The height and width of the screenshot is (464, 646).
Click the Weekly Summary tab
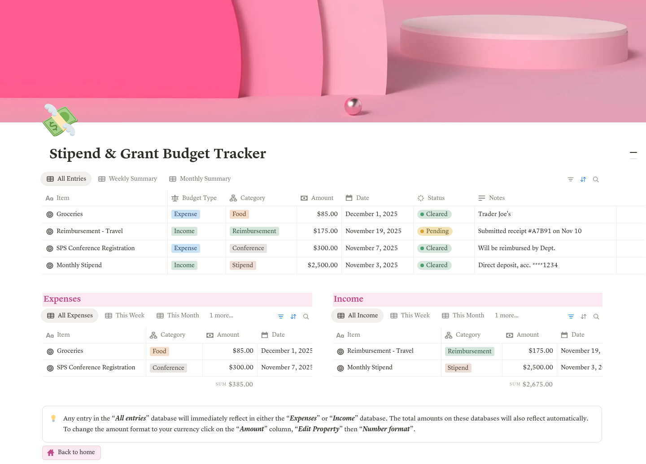(128, 179)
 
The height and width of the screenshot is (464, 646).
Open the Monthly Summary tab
(200, 179)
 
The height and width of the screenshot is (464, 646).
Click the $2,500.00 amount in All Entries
(323, 265)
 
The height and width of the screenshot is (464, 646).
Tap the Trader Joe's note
(494, 214)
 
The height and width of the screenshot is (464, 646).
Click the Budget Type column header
(194, 198)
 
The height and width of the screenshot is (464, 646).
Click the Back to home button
(72, 452)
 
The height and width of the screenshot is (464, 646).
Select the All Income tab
(358, 316)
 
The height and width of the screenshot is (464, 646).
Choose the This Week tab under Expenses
(125, 316)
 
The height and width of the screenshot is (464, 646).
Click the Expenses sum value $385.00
(240, 385)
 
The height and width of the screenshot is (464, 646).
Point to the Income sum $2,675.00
(537, 385)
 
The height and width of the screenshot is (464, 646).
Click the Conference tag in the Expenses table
(168, 368)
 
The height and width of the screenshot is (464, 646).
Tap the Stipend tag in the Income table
(458, 368)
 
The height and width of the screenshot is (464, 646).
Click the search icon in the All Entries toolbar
(596, 180)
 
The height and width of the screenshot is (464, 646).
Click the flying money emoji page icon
(60, 120)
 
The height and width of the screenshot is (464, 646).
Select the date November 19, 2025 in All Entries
(373, 231)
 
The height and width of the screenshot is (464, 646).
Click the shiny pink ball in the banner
(353, 106)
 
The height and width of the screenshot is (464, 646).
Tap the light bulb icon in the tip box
(53, 418)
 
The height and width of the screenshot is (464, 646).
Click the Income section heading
(348, 299)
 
